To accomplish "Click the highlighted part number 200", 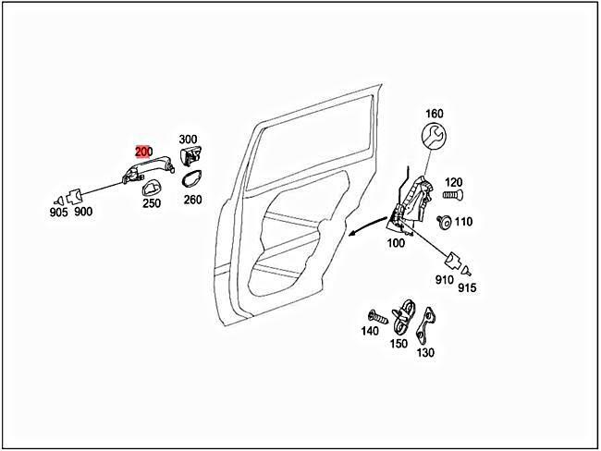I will tap(143, 152).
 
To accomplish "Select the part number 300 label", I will tap(189, 139).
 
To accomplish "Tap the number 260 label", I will tap(192, 199).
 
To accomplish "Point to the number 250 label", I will tap(151, 203).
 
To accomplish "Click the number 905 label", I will tap(58, 212).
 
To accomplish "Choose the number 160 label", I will tap(435, 115).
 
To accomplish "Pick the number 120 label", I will tap(453, 182).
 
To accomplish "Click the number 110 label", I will tap(463, 222).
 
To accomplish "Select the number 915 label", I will tap(468, 288).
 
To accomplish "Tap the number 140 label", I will tap(370, 330).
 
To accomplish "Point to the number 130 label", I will tap(425, 352).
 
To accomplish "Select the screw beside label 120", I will tap(451, 195).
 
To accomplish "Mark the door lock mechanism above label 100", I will tap(407, 203).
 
